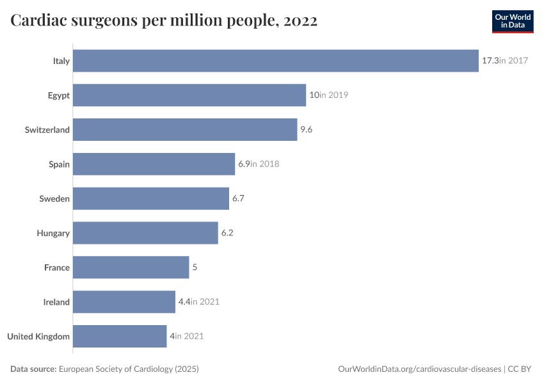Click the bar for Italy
(275, 61)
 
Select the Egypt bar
(189, 95)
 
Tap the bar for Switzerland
(185, 130)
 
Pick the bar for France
(131, 268)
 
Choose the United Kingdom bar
(120, 336)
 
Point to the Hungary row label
(53, 233)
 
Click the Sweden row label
(54, 198)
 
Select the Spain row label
(59, 164)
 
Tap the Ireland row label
(56, 302)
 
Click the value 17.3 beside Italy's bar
(490, 61)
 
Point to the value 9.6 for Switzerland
(306, 130)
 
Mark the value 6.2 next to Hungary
(227, 233)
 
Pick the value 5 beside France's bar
(195, 268)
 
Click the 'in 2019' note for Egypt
(333, 95)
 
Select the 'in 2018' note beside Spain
(265, 164)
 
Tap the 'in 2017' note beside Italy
(513, 61)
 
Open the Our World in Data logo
(512, 21)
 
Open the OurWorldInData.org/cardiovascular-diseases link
(419, 369)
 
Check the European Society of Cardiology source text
(128, 369)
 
